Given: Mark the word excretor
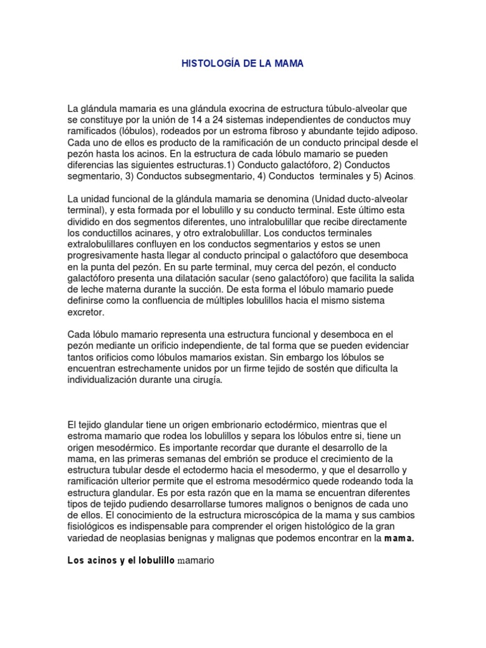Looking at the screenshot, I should click(x=85, y=313).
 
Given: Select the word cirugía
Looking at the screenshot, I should click(x=204, y=380).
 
